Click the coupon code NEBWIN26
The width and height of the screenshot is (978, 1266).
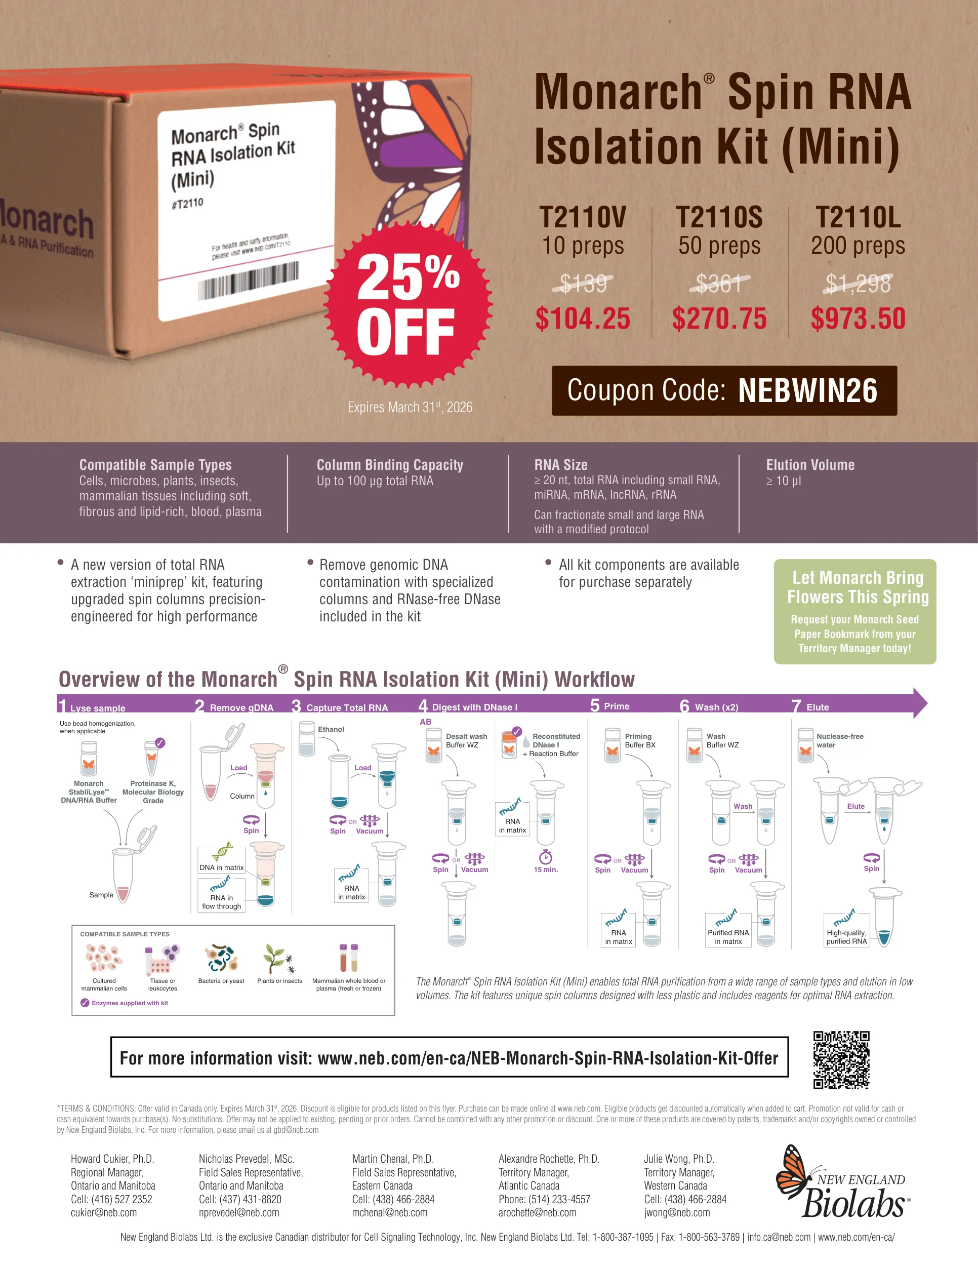(x=808, y=391)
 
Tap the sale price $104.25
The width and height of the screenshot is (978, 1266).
(x=582, y=319)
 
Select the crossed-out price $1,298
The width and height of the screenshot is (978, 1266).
(x=858, y=284)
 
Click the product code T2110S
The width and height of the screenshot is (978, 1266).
(x=719, y=217)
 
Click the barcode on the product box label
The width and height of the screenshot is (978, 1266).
(x=249, y=281)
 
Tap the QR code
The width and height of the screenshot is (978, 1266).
(x=841, y=1059)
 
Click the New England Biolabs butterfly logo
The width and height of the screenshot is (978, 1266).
(x=843, y=1182)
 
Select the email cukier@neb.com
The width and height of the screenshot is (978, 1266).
(x=104, y=1213)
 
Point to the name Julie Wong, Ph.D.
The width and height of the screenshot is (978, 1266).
(x=679, y=1159)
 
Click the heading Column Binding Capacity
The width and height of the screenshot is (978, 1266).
(x=390, y=465)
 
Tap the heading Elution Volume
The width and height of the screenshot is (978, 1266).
(x=810, y=465)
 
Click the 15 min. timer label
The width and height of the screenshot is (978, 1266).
(x=546, y=869)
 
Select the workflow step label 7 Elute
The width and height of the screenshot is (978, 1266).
(x=810, y=706)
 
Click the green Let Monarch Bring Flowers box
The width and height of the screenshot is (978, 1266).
(x=854, y=612)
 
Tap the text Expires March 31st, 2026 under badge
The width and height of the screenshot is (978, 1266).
(x=410, y=407)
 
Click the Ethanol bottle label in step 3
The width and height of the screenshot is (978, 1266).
(x=331, y=729)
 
